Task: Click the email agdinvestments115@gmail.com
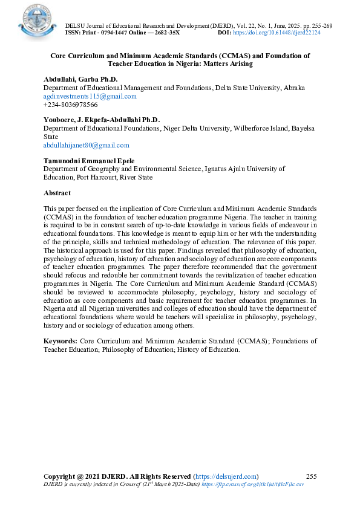click(90, 96)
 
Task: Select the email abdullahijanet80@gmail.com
click(86, 145)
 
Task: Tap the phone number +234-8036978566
click(70, 105)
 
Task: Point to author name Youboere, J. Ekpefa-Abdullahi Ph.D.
click(101, 120)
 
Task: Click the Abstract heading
click(57, 193)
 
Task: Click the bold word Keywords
click(60, 341)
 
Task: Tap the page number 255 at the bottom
click(312, 476)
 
